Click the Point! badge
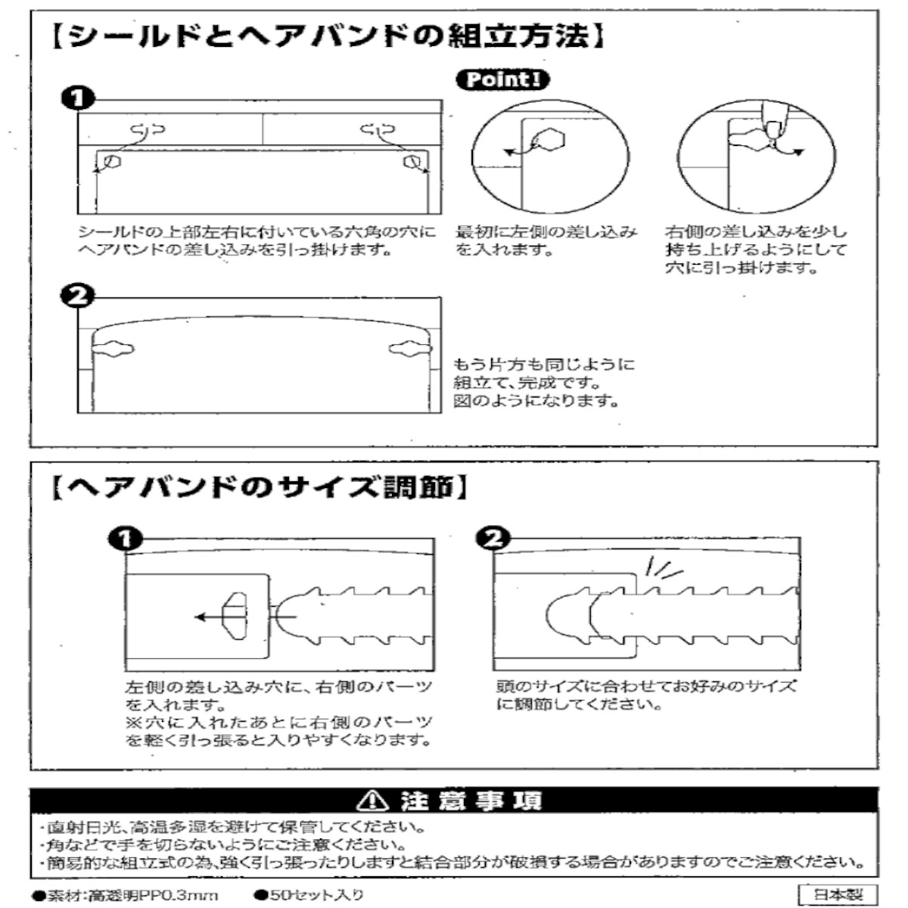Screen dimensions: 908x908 tap(502, 79)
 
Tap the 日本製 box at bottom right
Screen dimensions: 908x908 tap(838, 894)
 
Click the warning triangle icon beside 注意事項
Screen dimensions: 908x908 tap(375, 800)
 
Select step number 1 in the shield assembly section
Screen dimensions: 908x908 tap(78, 99)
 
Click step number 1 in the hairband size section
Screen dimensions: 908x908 tap(125, 538)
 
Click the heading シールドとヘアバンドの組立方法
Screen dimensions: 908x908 tap(329, 36)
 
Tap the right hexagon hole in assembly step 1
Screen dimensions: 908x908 tap(411, 160)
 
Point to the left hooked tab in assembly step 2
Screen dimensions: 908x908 tap(112, 349)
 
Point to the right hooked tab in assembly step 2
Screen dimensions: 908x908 tap(409, 349)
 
